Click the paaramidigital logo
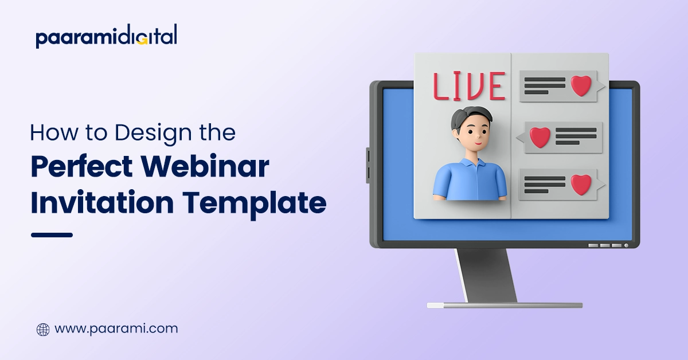click(106, 37)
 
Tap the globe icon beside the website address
click(43, 330)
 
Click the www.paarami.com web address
click(116, 329)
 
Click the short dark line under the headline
click(52, 234)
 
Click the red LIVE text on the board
click(469, 87)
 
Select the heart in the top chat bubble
click(581, 86)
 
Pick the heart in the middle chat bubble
click(540, 137)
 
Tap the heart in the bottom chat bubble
click(581, 184)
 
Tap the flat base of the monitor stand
click(505, 305)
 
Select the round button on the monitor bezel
click(626, 245)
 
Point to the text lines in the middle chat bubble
click(575, 136)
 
